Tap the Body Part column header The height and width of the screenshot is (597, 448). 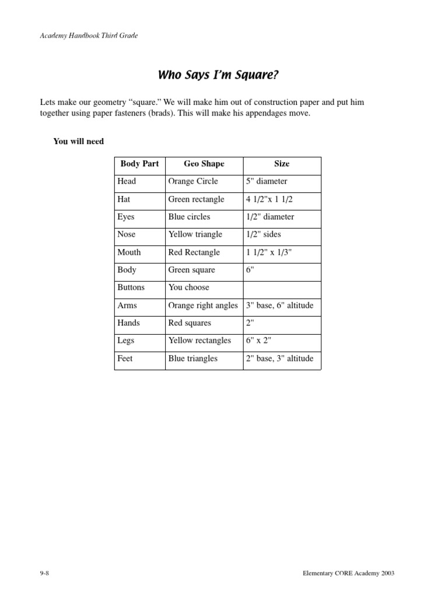139,164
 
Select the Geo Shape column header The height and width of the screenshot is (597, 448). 204,164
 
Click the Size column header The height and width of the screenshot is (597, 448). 282,164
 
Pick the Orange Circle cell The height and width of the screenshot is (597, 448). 193,181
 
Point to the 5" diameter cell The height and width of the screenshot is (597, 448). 267,181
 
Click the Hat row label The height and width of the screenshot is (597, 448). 124,199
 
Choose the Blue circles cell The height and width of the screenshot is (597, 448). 189,217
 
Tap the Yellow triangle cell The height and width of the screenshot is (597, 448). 195,234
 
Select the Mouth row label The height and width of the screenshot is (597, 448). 129,252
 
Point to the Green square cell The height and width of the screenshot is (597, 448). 191,270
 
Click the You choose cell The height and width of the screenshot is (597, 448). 188,287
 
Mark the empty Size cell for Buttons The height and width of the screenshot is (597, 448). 282,287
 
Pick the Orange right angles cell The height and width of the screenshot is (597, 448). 203,305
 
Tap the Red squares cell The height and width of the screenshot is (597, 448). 190,323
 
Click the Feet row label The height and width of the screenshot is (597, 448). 125,359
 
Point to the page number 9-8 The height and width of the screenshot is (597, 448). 44,574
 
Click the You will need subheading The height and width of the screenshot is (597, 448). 78,141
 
